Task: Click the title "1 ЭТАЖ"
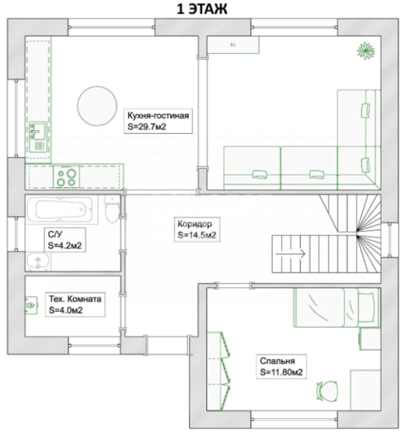click(x=202, y=9)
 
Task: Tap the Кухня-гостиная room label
click(x=159, y=121)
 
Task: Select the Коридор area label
click(x=197, y=230)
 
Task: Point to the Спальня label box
click(x=281, y=367)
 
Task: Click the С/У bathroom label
click(x=65, y=240)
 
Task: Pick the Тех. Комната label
click(x=75, y=304)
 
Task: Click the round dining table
click(x=97, y=106)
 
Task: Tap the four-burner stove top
click(x=66, y=177)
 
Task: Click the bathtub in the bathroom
click(x=60, y=209)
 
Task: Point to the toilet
click(x=112, y=209)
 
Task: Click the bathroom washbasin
click(x=38, y=262)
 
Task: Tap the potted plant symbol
click(x=365, y=51)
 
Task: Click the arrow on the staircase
click(x=291, y=254)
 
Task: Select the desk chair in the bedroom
click(x=327, y=391)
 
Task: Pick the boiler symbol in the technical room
click(x=31, y=305)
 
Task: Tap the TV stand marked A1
click(x=233, y=45)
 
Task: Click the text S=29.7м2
click(x=147, y=127)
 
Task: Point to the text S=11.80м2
click(x=281, y=372)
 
